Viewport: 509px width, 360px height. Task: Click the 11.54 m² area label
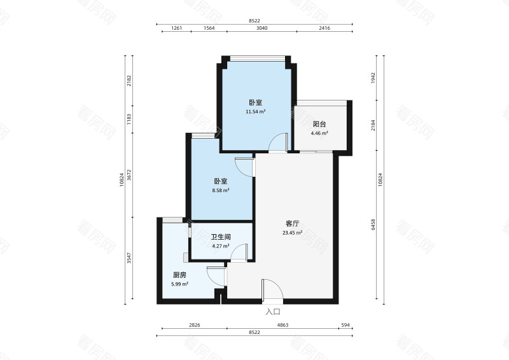(x=256, y=112)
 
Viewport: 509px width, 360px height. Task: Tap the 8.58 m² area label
(x=221, y=191)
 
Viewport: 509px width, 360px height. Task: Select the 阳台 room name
(x=319, y=124)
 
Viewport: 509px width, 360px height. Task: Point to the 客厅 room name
(x=293, y=224)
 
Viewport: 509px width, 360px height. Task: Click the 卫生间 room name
(x=221, y=237)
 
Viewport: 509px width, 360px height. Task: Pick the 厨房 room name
(x=179, y=275)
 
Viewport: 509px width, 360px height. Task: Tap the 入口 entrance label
(x=273, y=312)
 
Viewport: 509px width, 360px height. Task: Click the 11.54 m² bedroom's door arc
(x=274, y=138)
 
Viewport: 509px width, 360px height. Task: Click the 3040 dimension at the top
(x=262, y=28)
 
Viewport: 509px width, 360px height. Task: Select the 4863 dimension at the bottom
(x=282, y=325)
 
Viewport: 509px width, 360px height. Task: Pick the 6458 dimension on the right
(x=373, y=225)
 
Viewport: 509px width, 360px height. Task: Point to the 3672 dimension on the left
(x=129, y=175)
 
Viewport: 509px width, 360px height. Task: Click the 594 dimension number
(x=345, y=325)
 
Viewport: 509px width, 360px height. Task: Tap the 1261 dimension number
(x=177, y=28)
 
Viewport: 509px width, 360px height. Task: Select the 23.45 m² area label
(x=293, y=233)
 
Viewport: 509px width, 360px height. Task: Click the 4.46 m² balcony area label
(x=319, y=133)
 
